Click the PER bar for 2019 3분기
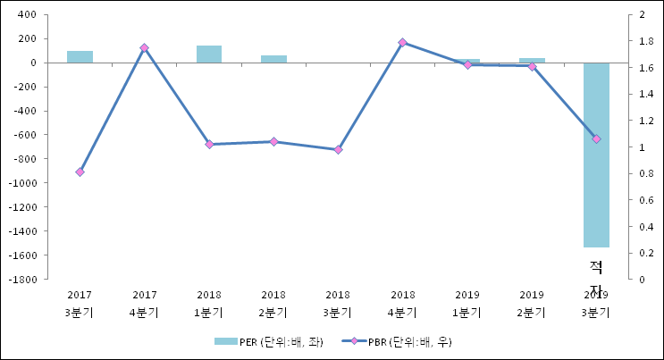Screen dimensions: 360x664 point(596,155)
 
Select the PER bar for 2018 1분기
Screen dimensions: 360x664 point(209,54)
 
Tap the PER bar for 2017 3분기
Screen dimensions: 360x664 point(80,57)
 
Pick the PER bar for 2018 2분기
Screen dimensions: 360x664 point(273,59)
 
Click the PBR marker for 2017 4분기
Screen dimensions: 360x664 point(144,47)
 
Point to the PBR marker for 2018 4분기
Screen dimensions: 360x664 point(402,42)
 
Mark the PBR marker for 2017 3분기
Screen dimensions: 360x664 point(80,172)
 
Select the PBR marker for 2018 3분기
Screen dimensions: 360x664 point(338,149)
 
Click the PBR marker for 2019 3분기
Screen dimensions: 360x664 point(596,138)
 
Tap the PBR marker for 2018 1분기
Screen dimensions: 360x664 point(209,144)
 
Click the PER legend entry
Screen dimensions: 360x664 point(269,341)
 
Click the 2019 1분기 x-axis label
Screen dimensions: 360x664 point(467,303)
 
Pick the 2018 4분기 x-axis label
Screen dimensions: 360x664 point(402,303)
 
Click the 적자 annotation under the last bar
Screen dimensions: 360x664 point(596,276)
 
